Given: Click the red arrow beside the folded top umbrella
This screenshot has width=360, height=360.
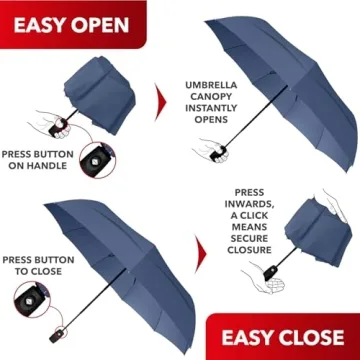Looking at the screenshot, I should click(161, 99).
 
